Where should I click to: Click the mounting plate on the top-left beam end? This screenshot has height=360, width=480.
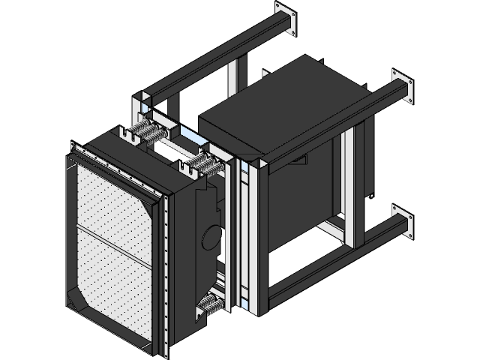pos(286,19)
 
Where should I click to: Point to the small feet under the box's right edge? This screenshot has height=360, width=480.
pos(369,197)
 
